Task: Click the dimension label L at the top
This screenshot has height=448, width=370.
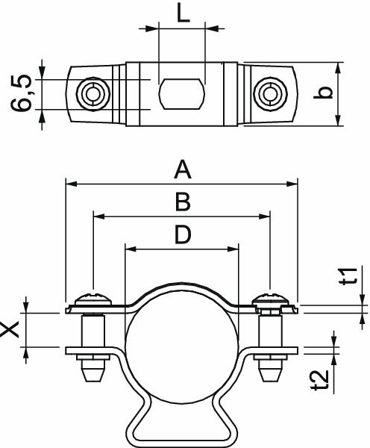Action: tap(182, 13)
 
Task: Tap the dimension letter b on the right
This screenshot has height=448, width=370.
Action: tap(355, 93)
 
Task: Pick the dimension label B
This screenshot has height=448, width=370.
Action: tap(182, 202)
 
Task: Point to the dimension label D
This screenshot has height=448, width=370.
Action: tap(182, 235)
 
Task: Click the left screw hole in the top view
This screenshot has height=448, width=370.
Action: tap(94, 94)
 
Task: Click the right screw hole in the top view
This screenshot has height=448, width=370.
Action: tap(269, 94)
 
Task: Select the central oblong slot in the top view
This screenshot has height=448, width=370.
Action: tap(181, 94)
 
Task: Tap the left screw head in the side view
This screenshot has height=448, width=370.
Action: tap(93, 300)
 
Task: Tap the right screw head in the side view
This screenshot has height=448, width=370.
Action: tap(269, 300)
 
